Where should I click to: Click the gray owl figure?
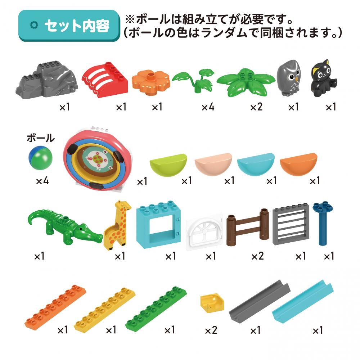point(288,78)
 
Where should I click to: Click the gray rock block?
point(47,80)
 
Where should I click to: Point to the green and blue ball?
point(40,158)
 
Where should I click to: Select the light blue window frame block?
point(158,225)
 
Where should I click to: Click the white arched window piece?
point(204,231)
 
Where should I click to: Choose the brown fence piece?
point(248,227)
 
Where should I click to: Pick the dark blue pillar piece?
point(323,223)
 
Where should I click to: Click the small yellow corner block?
point(212,303)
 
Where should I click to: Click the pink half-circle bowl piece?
point(213,164)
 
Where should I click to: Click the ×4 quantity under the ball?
point(42,181)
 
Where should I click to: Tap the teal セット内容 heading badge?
point(69,26)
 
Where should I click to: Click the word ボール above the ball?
point(41,138)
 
